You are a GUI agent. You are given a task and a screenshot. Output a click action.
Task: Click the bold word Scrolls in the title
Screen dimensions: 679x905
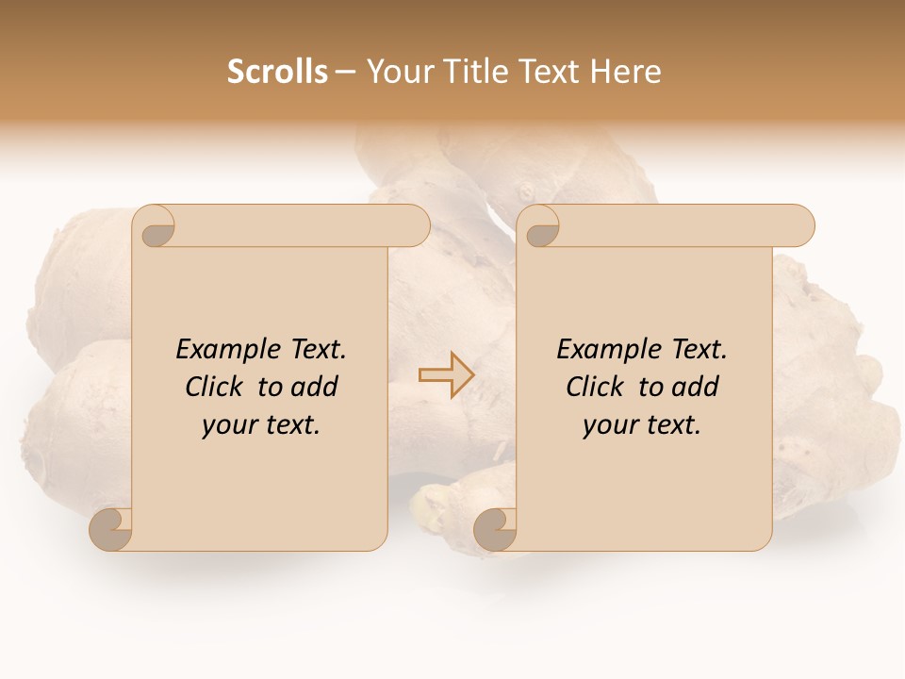[277, 72]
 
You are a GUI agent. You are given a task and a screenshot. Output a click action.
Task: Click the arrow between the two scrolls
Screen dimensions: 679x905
[446, 374]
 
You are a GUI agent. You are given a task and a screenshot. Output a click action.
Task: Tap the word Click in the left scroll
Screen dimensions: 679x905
[212, 387]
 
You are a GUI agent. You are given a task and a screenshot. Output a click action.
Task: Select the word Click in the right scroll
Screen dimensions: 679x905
[594, 387]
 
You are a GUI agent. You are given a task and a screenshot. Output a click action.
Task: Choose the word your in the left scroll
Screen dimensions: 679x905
[226, 425]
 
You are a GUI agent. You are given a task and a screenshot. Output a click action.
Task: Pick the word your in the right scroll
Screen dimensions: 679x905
[607, 425]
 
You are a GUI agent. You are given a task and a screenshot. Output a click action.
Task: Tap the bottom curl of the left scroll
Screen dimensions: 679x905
[112, 529]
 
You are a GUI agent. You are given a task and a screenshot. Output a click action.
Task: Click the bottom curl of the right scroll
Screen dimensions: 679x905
[495, 529]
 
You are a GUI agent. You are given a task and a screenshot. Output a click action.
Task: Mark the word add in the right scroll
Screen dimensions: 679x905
[696, 387]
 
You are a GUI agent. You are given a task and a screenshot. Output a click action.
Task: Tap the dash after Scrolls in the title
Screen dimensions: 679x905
[345, 73]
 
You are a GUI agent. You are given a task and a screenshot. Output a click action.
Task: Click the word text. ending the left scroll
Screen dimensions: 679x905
[290, 425]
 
